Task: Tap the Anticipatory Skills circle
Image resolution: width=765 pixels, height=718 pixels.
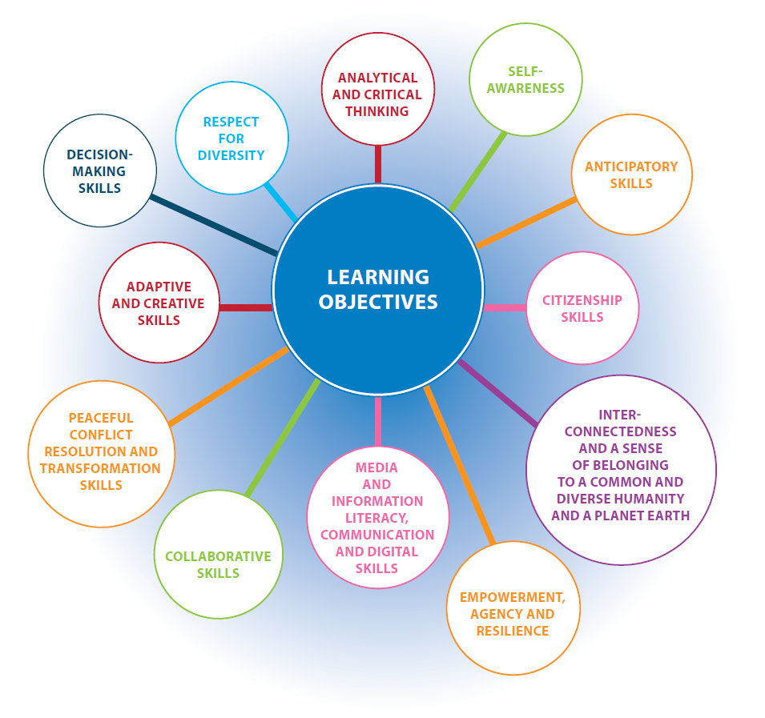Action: [631, 174]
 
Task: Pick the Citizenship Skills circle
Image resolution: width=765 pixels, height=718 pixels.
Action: [582, 308]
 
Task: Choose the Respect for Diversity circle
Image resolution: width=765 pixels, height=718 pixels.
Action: [231, 138]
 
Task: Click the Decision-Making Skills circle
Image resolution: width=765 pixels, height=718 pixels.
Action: [100, 170]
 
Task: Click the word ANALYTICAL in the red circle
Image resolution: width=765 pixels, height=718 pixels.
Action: [377, 78]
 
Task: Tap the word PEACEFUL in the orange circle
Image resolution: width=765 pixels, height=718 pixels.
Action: [101, 418]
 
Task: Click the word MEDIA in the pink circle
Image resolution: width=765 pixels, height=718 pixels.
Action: [376, 467]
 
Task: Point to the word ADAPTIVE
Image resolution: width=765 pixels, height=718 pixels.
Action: [158, 287]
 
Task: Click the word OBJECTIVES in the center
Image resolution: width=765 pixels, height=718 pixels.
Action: [378, 302]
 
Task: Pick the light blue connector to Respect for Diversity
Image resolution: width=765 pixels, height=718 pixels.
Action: [280, 202]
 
